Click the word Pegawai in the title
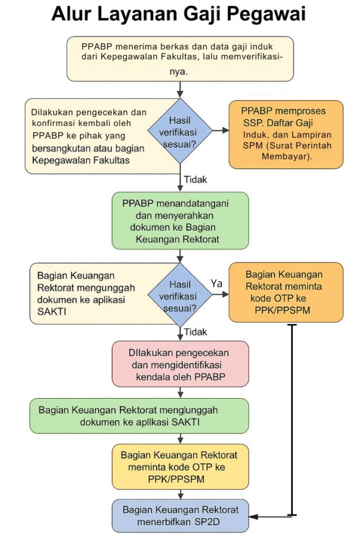point(267,14)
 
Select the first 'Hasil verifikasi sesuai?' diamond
point(180,131)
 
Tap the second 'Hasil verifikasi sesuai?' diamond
point(180,295)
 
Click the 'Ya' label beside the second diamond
point(217,283)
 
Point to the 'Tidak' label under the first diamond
point(196,179)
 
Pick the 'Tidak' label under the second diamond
point(196,332)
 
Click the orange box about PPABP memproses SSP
point(286,134)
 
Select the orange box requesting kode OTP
point(286,292)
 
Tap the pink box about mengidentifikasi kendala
point(180,364)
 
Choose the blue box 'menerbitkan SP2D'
point(180,516)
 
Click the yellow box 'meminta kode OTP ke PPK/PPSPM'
point(180,467)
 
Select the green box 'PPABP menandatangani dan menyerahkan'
point(180,221)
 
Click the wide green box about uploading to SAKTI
point(139,416)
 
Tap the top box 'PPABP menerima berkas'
point(180,59)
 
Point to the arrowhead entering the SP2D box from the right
point(253,517)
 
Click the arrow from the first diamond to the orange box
point(221,131)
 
